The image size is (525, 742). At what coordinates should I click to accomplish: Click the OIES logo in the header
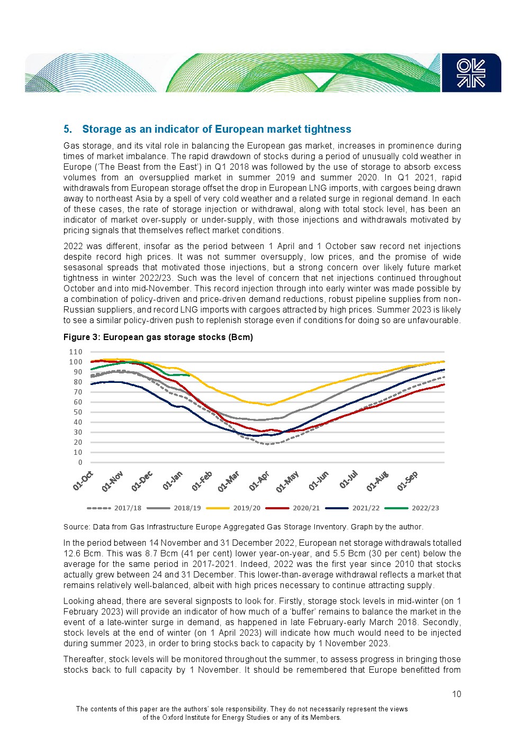pos(471,73)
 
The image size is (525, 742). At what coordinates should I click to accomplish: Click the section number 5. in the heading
pos(68,130)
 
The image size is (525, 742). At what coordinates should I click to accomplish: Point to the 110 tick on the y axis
pos(76,352)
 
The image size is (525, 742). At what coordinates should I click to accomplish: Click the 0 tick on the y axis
pos(80,463)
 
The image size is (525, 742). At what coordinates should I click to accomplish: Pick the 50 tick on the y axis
pos(78,413)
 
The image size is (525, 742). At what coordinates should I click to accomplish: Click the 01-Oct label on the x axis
pos(83,480)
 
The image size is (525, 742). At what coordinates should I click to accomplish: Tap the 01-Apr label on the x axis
pos(259,480)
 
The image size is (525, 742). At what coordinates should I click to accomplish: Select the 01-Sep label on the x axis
pos(408,480)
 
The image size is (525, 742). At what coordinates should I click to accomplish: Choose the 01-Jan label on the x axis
pos(173,480)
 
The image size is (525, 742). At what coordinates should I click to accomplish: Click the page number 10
pos(456,694)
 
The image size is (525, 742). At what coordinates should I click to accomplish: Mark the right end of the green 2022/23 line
pos(189,375)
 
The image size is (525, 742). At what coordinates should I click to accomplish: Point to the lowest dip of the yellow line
pos(269,405)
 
